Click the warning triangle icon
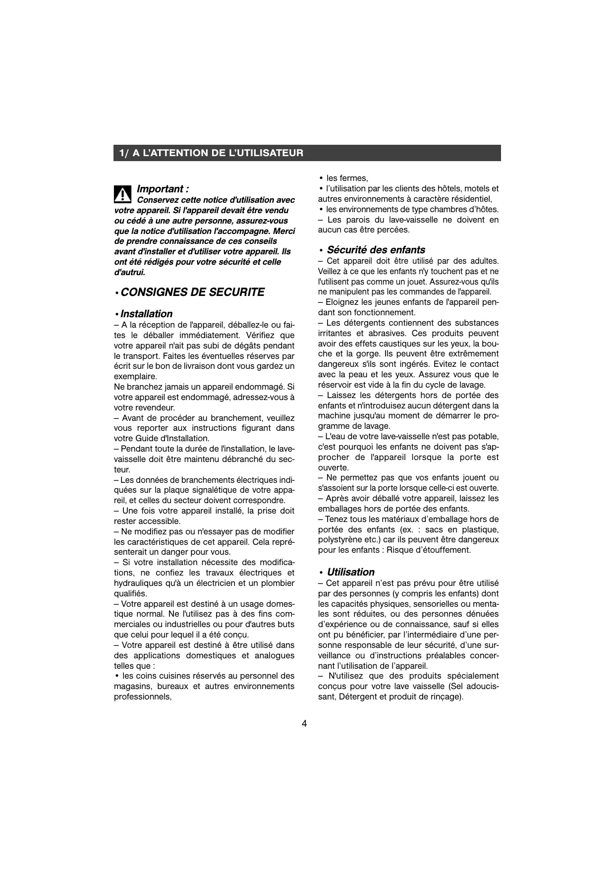122,194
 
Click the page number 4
304,723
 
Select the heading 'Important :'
163,189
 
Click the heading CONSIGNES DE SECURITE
192,292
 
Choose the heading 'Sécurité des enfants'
376,250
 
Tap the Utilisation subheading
350,572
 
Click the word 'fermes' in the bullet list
353,178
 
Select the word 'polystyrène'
340,539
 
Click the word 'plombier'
278,583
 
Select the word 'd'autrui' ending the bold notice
129,272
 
